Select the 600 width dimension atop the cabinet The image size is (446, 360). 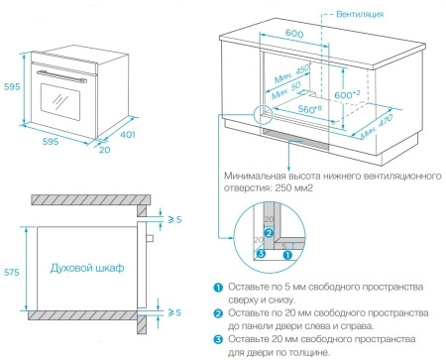coord(293,35)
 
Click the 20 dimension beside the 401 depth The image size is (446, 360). coord(106,150)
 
